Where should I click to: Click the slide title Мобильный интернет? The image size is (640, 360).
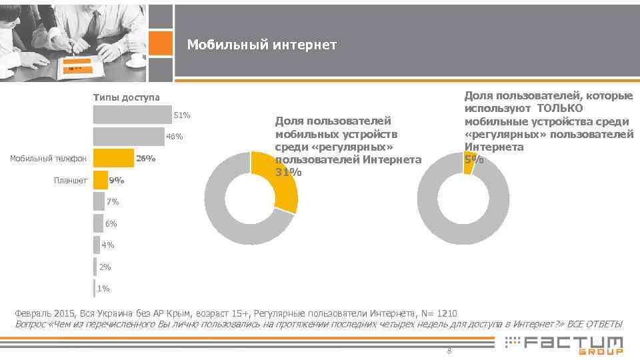(x=261, y=45)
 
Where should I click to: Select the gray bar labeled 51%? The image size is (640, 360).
(x=132, y=115)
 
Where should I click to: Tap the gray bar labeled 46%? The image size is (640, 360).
(x=129, y=137)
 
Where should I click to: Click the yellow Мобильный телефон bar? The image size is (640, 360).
(x=113, y=158)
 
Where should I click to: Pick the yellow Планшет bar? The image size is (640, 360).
(x=100, y=180)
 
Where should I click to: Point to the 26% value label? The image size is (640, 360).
(x=145, y=159)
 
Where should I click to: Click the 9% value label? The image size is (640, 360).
(x=116, y=181)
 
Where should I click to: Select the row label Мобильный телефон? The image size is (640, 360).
(x=49, y=159)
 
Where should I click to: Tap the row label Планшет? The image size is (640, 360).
(x=71, y=181)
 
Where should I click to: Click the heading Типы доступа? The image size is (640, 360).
(x=126, y=97)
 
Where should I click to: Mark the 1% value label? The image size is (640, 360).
(x=103, y=289)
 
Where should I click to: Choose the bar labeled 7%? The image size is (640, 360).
(x=99, y=201)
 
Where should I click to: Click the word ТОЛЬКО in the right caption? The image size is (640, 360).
(x=559, y=109)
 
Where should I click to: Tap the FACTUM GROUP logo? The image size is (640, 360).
(x=565, y=345)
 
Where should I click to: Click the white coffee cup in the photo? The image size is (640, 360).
(x=138, y=59)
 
